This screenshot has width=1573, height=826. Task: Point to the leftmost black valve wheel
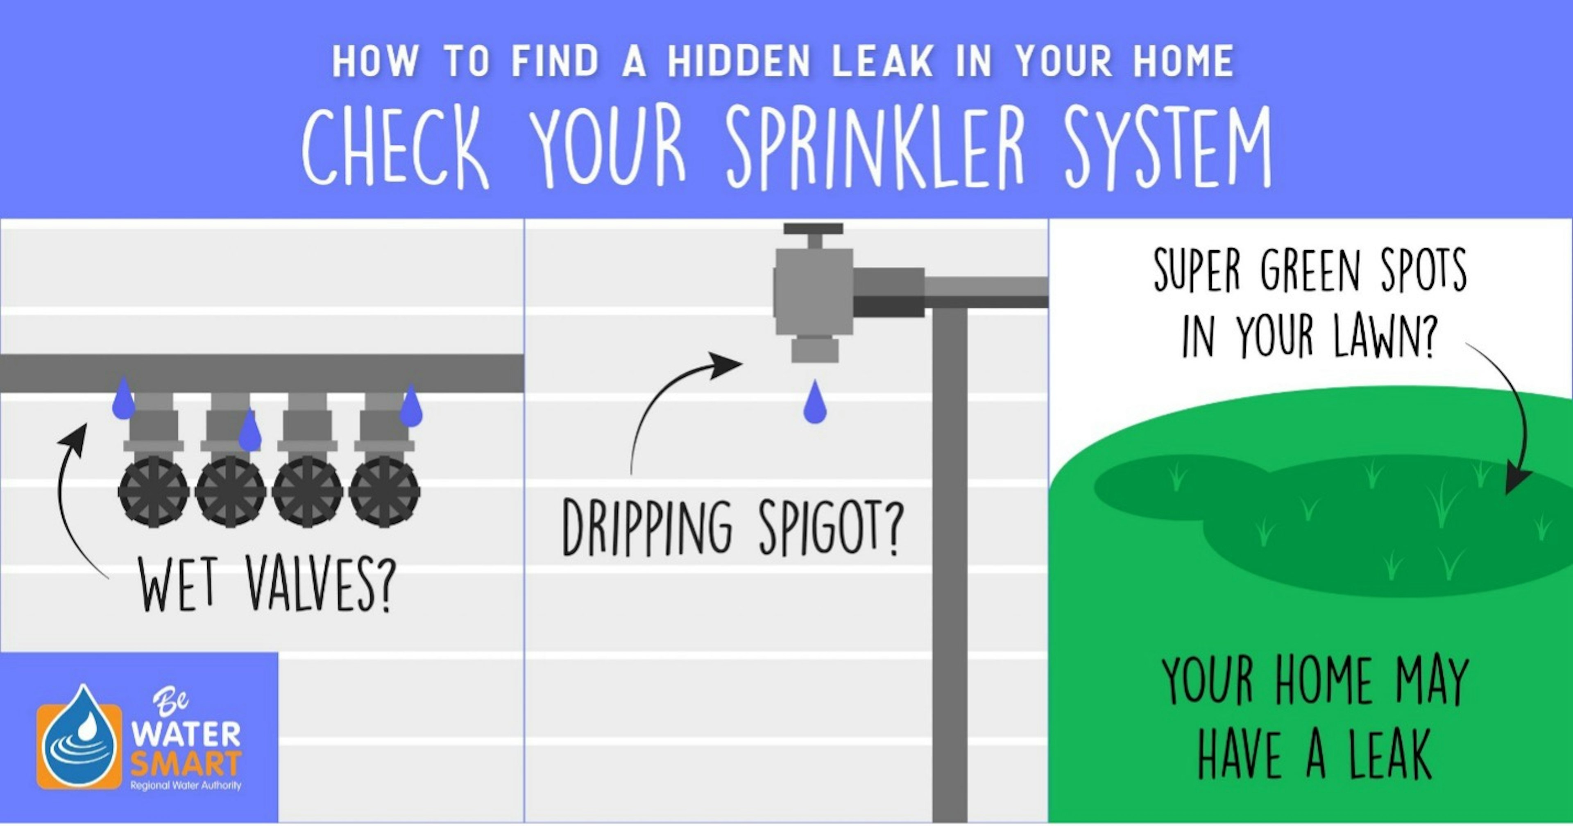pyautogui.click(x=153, y=491)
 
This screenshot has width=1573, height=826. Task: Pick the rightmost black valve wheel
pyautogui.click(x=384, y=491)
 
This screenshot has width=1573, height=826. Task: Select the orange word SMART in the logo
pyautogui.click(x=186, y=763)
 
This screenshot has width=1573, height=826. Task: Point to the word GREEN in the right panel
pyautogui.click(x=1310, y=273)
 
